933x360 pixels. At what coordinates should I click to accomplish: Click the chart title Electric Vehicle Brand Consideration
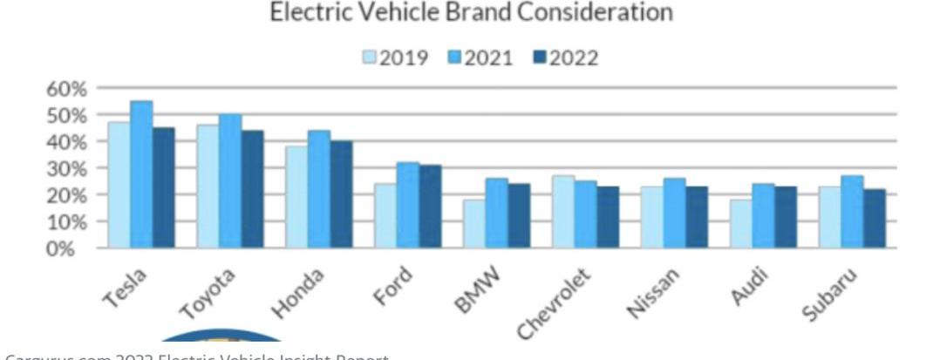471,13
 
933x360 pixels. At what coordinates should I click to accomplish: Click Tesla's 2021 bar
141,174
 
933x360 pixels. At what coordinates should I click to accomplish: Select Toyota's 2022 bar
252,189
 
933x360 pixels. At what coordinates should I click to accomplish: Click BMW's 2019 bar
473,224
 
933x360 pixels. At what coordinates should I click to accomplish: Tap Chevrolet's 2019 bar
562,212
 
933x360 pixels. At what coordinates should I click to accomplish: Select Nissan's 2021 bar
673,214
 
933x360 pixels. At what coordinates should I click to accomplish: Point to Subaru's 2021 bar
851,212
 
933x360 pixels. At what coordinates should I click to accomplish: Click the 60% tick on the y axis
67,89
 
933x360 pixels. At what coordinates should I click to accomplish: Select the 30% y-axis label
67,168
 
